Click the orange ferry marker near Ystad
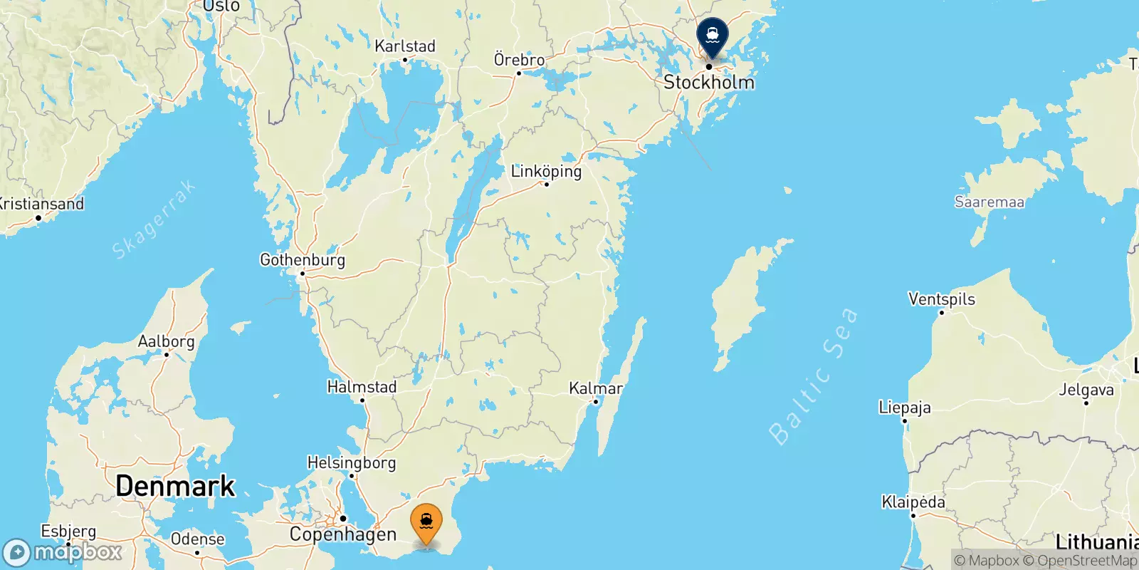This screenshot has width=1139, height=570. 426,523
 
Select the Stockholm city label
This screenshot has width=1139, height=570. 708,83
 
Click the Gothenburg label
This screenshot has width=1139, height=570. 302,260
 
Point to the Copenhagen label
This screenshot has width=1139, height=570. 342,534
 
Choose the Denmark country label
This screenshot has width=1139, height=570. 175,486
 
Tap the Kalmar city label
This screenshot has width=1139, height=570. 595,389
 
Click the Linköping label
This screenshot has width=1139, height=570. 546,172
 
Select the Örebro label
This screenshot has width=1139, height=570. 519,60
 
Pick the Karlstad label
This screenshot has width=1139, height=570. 404,46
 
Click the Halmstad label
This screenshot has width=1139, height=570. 362,387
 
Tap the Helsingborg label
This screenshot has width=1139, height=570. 351,463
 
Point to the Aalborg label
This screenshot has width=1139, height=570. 166,342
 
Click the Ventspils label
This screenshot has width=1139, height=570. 941,299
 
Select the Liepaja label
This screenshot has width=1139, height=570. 904,408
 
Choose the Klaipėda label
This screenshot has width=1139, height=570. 913,502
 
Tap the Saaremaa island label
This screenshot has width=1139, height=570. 989,202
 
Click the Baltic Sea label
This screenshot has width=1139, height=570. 813,376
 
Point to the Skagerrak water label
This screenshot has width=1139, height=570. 153,220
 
